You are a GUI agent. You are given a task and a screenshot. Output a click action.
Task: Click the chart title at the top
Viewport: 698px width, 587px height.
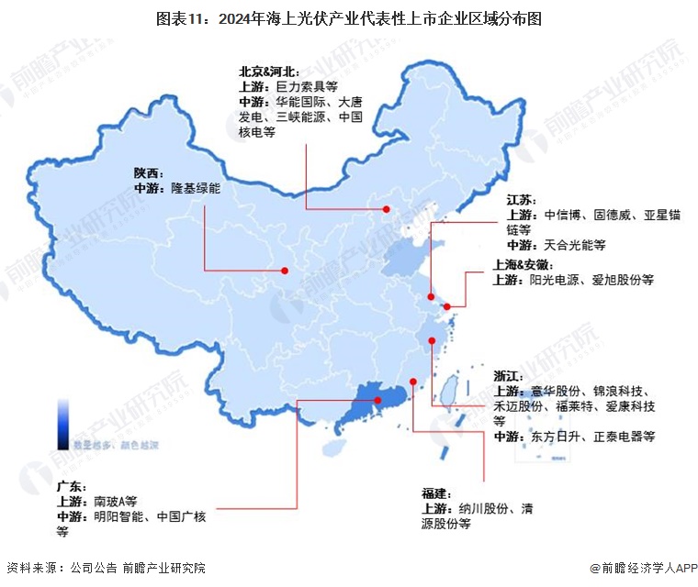(349, 17)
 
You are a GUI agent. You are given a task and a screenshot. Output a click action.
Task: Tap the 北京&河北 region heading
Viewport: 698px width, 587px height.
(265, 71)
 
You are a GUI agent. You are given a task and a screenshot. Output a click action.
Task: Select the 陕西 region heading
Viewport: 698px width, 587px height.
(146, 172)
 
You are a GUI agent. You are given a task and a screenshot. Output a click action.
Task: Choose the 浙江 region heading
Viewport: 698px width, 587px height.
(507, 376)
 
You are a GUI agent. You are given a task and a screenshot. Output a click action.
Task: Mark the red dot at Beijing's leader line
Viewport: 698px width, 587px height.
(387, 210)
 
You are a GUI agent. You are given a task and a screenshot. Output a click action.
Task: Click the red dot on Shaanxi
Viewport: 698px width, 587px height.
(286, 271)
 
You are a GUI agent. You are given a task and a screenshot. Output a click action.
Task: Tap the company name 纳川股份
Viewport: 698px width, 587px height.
(480, 508)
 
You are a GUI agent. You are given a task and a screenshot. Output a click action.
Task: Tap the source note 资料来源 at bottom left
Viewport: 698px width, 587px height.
(28, 569)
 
